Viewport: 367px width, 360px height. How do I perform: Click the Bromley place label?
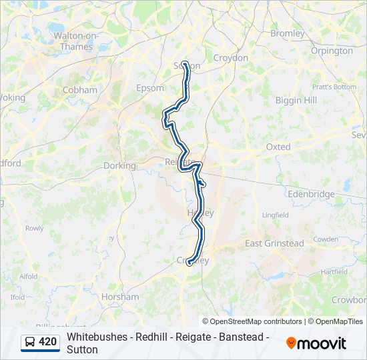point(288,33)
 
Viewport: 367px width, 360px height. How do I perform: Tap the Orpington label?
point(332,51)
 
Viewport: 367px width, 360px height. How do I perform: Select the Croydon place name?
point(230,58)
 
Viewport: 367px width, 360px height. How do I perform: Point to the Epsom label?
point(150,88)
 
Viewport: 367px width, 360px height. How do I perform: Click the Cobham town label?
point(79,90)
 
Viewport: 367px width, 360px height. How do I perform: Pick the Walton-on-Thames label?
point(75,41)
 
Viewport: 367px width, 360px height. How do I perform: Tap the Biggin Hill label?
point(296,100)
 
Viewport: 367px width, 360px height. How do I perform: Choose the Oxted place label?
point(278,147)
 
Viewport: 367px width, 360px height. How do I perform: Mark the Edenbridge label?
point(311,194)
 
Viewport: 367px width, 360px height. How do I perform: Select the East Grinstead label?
point(274,243)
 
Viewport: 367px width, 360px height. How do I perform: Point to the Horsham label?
point(120,297)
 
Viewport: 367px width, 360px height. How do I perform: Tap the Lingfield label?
point(275,215)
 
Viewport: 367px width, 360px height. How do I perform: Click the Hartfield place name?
point(334,272)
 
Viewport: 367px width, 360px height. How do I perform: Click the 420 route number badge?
point(41,342)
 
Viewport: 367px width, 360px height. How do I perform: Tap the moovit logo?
point(316,343)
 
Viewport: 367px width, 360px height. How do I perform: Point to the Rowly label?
point(35,228)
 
